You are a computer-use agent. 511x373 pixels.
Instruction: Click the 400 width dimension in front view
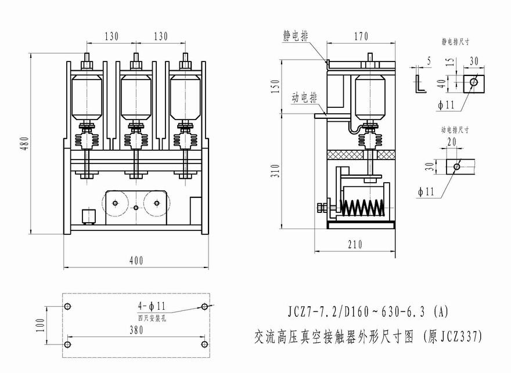pos(136,261)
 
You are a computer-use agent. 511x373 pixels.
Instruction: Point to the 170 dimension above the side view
pos(361,37)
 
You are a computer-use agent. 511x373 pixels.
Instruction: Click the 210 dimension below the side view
pos(355,245)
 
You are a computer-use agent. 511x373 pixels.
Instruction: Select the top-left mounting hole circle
pos(67,306)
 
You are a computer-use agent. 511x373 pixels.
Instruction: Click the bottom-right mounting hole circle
pos(204,345)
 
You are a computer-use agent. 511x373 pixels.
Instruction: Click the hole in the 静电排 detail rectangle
pos(474,82)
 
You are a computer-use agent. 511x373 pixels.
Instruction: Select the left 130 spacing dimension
pos(111,37)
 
